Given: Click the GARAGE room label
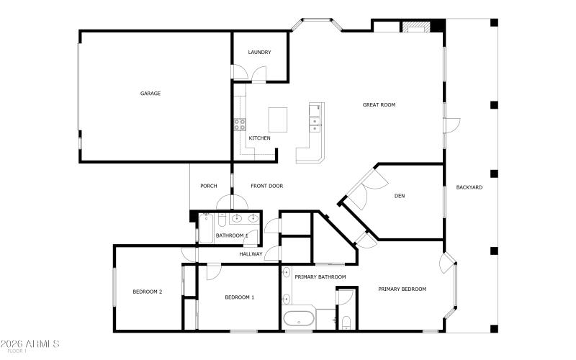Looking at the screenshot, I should pyautogui.click(x=150, y=94).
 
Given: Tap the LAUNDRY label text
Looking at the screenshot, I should pyautogui.click(x=259, y=53).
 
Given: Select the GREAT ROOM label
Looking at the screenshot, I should pyautogui.click(x=379, y=105).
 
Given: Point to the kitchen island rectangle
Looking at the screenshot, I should pyautogui.click(x=278, y=118).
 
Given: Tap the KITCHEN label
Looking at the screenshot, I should pyautogui.click(x=259, y=138).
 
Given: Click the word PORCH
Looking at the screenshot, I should pyautogui.click(x=209, y=186).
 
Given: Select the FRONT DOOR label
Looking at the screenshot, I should pyautogui.click(x=266, y=186).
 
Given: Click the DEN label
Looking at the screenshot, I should pyautogui.click(x=400, y=196).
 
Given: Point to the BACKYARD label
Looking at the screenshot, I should pyautogui.click(x=469, y=188).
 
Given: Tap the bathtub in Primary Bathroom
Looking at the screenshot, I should pyautogui.click(x=299, y=319).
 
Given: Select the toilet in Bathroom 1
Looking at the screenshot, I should pyautogui.click(x=222, y=218).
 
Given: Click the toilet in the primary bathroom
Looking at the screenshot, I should pyautogui.click(x=346, y=321).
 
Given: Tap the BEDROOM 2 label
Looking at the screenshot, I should pyautogui.click(x=147, y=292).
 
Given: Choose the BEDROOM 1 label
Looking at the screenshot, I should pyautogui.click(x=239, y=297).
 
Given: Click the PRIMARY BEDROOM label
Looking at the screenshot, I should pyautogui.click(x=402, y=289).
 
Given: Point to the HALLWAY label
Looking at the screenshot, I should pyautogui.click(x=251, y=254).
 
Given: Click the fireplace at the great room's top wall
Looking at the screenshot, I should pyautogui.click(x=415, y=29).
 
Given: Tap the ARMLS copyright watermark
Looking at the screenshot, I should pyautogui.click(x=30, y=343).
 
